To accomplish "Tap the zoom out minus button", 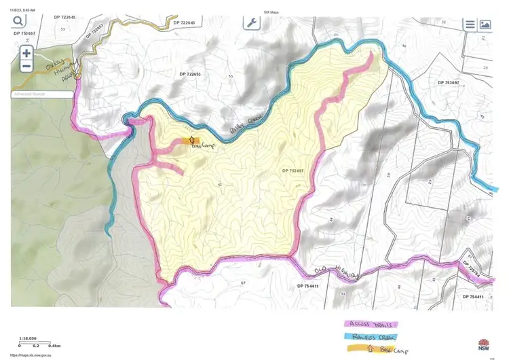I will (x=26, y=67).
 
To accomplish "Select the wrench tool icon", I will (x=252, y=22).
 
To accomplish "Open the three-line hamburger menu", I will (x=470, y=24).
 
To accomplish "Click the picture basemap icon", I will (x=485, y=24).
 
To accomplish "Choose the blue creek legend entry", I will (x=372, y=336).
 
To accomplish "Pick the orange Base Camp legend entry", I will (x=372, y=348).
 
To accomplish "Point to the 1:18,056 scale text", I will (x=28, y=338).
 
